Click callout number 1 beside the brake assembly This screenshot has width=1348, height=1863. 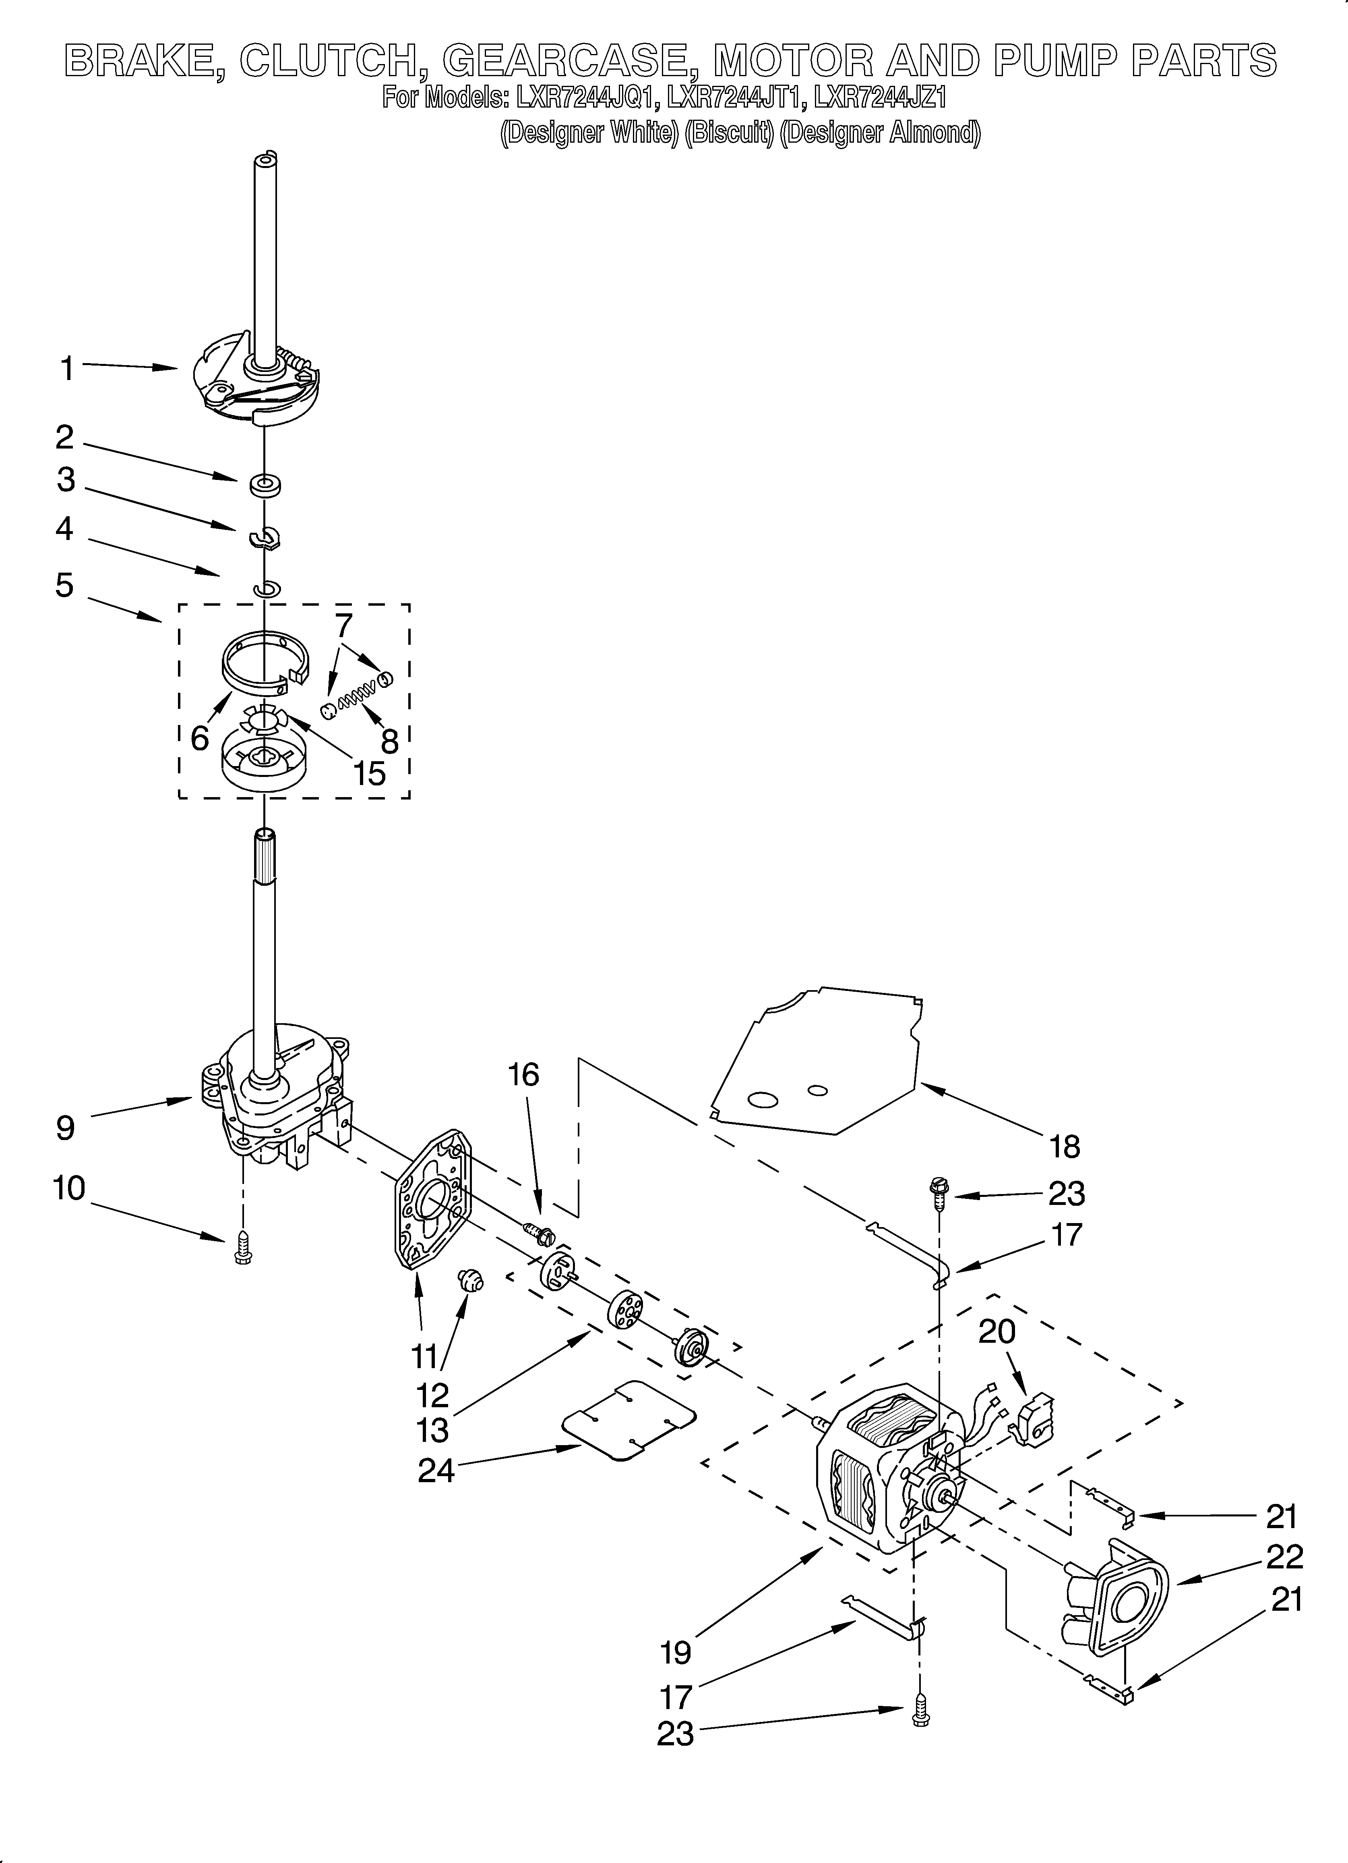[67, 369]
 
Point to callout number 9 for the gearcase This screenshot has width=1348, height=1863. [66, 1128]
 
